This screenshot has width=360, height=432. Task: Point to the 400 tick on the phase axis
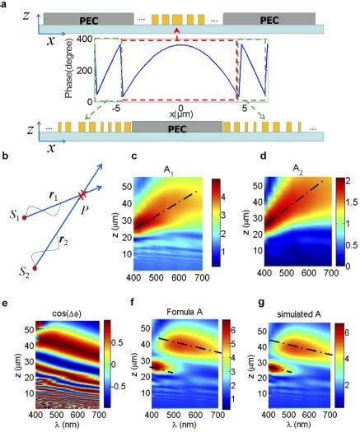tap(82, 39)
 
